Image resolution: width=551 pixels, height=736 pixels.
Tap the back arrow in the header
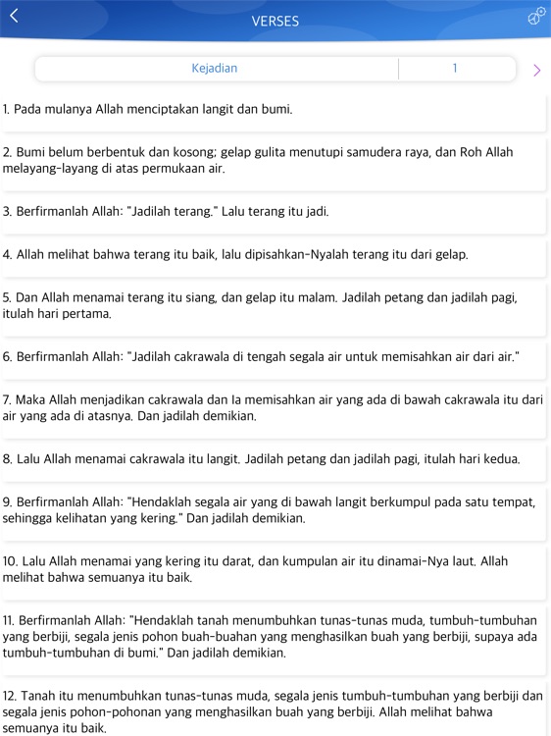pos(14,16)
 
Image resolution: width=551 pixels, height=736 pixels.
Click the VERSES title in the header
pos(275,21)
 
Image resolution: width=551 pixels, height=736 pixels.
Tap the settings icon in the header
pos(536,16)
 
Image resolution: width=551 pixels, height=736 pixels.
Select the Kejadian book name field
pos(215,69)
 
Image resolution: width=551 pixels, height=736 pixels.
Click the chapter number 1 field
pos(455,69)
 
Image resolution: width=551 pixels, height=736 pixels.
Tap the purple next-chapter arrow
pos(536,70)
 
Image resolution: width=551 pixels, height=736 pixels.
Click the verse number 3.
pos(7,211)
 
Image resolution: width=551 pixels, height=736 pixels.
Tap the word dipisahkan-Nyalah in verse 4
pos(317,254)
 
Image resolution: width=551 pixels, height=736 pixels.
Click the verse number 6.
pos(7,356)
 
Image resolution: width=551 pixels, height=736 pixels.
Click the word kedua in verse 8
pos(500,458)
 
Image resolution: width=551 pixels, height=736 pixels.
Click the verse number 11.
pos(9,620)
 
